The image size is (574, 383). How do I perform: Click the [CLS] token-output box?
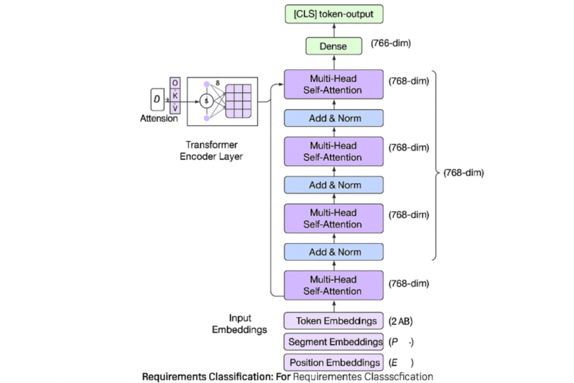(x=333, y=13)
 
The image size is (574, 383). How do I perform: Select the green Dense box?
(x=333, y=46)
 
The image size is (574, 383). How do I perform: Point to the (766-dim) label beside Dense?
(x=391, y=44)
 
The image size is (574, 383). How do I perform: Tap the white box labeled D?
(x=156, y=100)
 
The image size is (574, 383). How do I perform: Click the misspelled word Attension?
(x=159, y=118)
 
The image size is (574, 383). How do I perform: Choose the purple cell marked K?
(x=175, y=96)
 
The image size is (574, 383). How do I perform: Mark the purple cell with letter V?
(x=175, y=108)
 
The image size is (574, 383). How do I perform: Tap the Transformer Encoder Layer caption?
(x=211, y=150)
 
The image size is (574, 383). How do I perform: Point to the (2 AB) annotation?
(x=400, y=321)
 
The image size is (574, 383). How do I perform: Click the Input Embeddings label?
(x=240, y=323)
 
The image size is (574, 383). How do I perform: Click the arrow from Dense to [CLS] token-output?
(x=333, y=30)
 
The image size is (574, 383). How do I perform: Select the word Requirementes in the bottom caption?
(x=327, y=377)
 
